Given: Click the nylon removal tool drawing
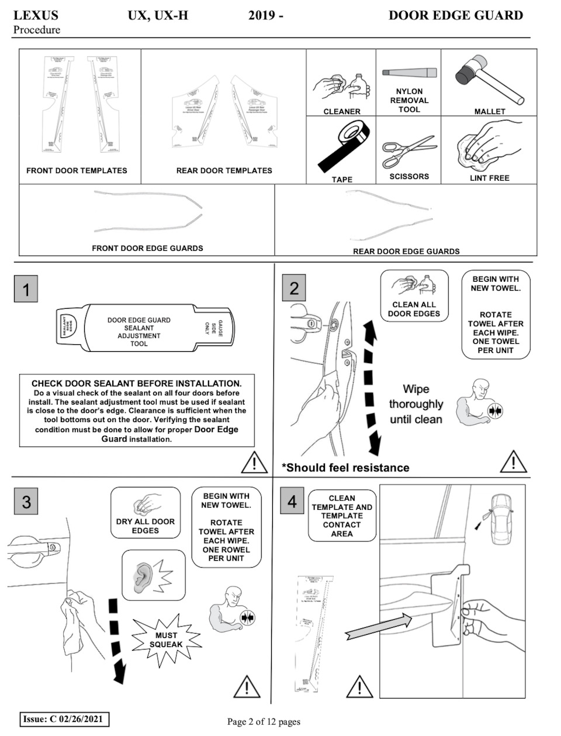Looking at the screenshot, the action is (x=409, y=73).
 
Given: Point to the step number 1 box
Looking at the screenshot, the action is (x=26, y=289).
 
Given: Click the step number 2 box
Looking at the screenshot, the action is (x=294, y=287).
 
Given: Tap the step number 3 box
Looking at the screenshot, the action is (x=26, y=502).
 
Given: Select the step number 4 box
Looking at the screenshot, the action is (x=292, y=502).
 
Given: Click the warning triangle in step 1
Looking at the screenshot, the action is (x=254, y=463).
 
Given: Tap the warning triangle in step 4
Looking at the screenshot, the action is (x=359, y=687).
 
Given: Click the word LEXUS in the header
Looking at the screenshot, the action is (x=36, y=15).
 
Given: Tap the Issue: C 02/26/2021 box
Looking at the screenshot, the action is (x=65, y=718).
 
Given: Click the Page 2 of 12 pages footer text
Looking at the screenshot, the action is (x=264, y=721).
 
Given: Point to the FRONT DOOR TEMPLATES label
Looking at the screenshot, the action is (x=77, y=171).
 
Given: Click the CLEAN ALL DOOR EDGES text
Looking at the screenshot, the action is (x=414, y=309).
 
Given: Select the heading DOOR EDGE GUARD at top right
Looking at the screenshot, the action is (x=456, y=15).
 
